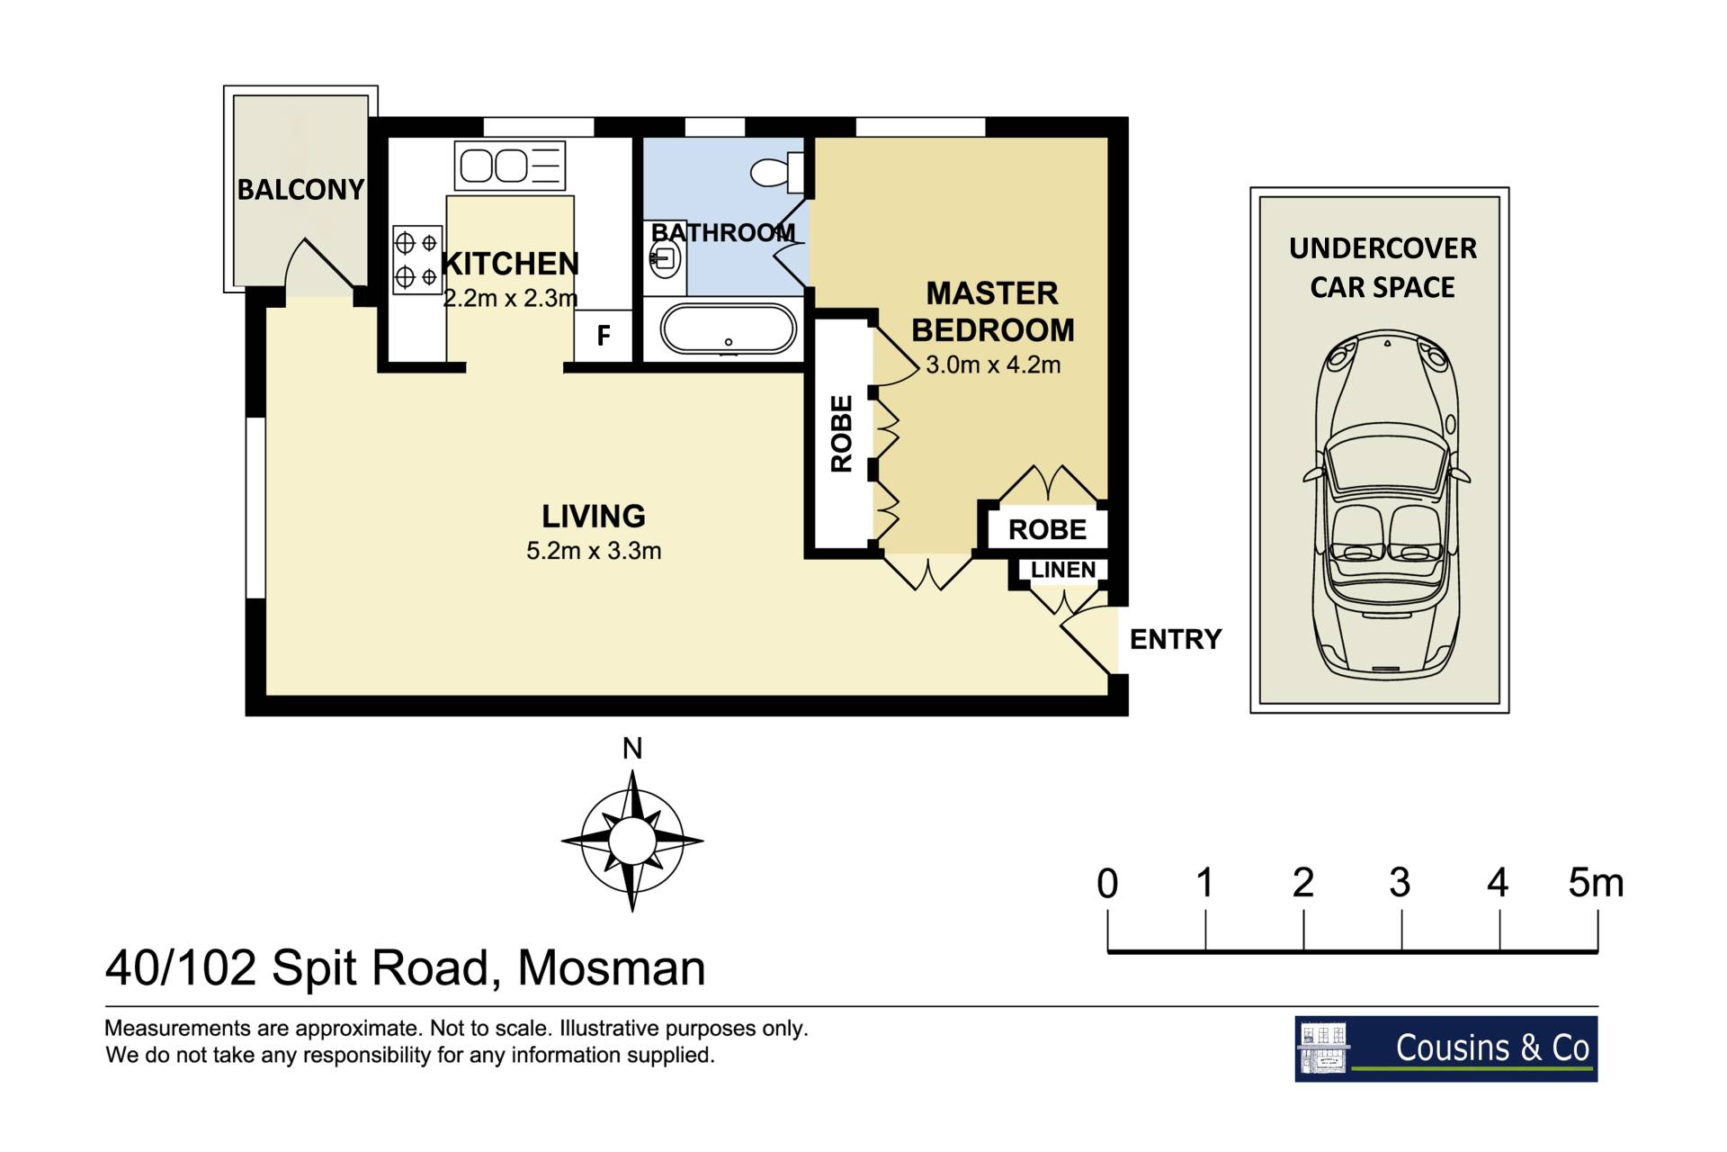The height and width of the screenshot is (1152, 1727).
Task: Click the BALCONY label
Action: (x=300, y=189)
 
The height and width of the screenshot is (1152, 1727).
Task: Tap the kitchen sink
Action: (x=510, y=166)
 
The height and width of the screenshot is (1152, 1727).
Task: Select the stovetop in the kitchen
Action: (x=417, y=260)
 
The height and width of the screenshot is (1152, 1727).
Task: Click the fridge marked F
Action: (x=604, y=336)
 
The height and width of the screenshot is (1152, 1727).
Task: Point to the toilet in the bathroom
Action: (x=776, y=171)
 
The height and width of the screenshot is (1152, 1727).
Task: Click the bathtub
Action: (x=729, y=329)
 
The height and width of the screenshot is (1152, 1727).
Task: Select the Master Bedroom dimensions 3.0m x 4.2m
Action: (x=993, y=365)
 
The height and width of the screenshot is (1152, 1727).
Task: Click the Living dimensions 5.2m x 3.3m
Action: (x=594, y=551)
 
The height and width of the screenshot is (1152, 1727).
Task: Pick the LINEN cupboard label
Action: (x=1063, y=570)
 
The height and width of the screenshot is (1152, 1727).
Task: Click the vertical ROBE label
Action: (x=841, y=434)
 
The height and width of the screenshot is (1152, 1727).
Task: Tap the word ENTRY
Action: (x=1176, y=639)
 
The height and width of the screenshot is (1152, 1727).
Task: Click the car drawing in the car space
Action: (x=1386, y=503)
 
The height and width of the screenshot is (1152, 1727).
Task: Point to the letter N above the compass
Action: (x=632, y=749)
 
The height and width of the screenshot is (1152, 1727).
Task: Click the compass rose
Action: (x=632, y=841)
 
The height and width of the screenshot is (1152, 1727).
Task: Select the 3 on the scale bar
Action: (x=1400, y=883)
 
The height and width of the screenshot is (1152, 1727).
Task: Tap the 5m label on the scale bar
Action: (x=1597, y=883)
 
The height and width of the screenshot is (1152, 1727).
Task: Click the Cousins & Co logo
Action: (x=1446, y=1048)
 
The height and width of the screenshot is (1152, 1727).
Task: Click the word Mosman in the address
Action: (x=612, y=968)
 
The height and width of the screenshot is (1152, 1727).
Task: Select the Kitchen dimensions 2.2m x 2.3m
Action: (x=510, y=298)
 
